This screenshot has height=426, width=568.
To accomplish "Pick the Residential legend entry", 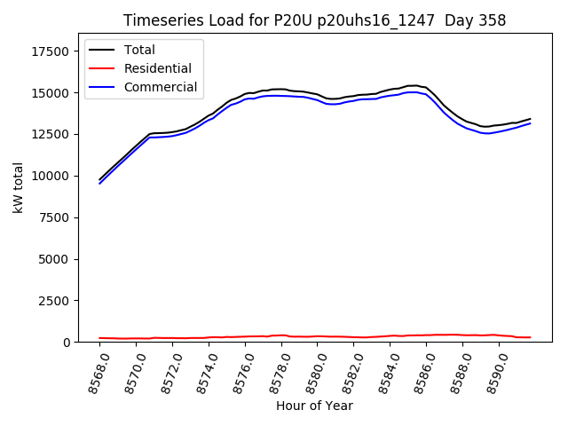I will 157,68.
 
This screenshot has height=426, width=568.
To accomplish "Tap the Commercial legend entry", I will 161,87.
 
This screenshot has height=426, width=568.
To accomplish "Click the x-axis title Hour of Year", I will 314,406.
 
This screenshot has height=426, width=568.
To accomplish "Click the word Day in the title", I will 457,20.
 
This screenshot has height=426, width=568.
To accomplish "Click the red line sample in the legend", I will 104,68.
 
